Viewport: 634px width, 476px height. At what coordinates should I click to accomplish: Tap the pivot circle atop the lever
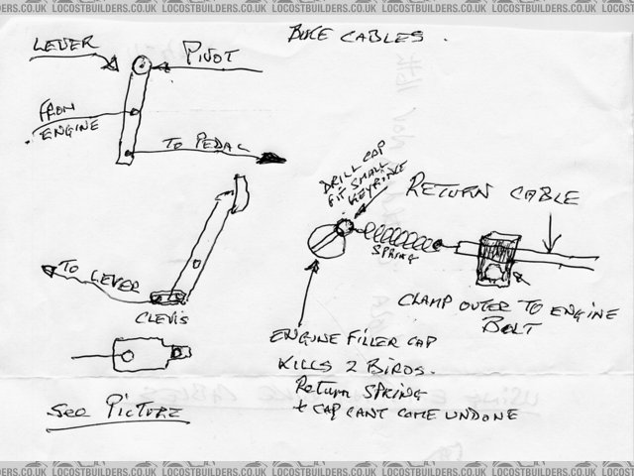click(140, 65)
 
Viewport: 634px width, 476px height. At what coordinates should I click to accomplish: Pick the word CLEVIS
click(168, 317)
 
